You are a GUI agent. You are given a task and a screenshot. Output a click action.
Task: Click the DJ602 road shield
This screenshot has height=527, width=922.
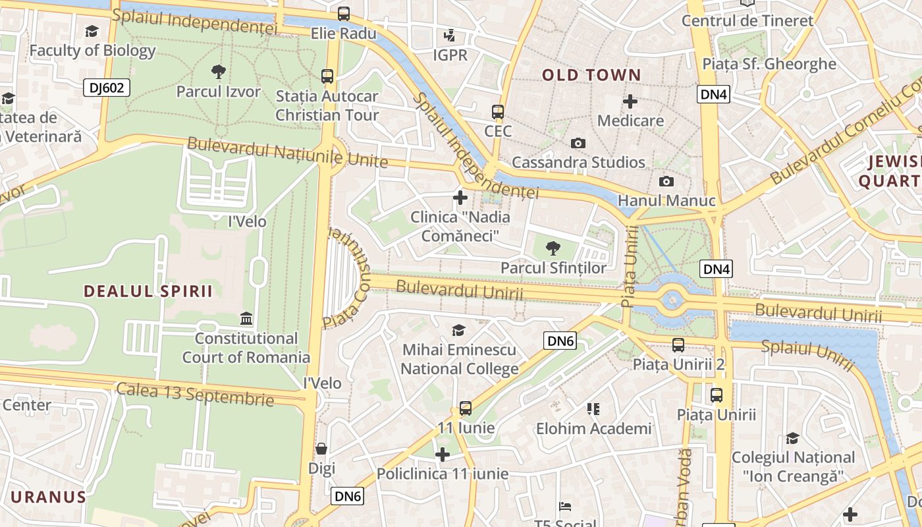(x=107, y=88)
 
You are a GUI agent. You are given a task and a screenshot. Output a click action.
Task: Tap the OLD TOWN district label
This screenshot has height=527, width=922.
(x=591, y=75)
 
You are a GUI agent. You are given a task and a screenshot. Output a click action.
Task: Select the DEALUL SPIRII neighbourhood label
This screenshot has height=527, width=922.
(x=148, y=291)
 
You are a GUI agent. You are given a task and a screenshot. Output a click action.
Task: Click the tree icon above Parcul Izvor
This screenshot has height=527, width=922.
(x=218, y=71)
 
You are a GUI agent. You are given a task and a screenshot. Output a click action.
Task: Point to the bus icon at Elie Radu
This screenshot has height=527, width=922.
(x=343, y=13)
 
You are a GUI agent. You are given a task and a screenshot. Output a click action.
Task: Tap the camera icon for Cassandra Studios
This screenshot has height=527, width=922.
(x=578, y=143)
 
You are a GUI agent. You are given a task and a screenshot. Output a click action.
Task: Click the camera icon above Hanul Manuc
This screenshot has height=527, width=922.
(x=666, y=181)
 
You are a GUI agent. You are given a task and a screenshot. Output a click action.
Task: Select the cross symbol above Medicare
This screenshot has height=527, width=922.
(x=630, y=101)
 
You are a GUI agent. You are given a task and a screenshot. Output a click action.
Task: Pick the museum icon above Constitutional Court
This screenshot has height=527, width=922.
(x=246, y=319)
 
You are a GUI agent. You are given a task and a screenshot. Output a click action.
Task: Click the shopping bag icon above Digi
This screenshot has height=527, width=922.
(x=321, y=449)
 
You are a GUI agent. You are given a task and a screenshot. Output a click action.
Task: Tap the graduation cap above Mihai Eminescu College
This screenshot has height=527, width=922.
(x=459, y=330)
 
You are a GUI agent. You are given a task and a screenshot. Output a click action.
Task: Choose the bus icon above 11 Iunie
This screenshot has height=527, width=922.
(x=466, y=408)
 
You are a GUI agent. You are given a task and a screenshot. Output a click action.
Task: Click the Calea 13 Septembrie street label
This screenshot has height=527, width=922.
(x=195, y=393)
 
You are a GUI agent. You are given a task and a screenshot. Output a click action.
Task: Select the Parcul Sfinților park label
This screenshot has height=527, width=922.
(x=553, y=268)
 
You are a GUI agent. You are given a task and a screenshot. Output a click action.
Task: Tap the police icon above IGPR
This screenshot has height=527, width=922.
(x=450, y=36)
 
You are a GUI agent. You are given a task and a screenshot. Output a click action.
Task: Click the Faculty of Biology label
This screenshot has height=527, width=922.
(x=92, y=50)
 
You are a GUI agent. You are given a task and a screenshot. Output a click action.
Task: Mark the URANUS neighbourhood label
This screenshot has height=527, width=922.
(x=49, y=497)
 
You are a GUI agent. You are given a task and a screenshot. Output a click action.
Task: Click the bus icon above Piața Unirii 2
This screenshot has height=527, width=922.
(x=678, y=345)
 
